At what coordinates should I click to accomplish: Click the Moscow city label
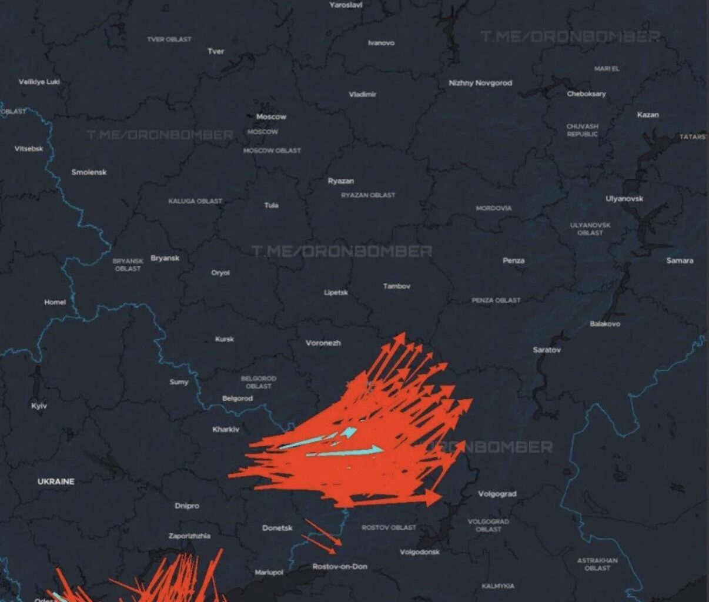click(x=271, y=116)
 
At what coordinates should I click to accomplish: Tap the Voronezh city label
click(x=323, y=343)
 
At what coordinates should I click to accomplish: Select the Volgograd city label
click(x=497, y=494)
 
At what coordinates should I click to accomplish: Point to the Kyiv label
click(x=39, y=406)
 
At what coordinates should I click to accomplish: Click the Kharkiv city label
click(x=226, y=429)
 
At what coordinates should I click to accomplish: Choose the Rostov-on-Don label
click(x=340, y=567)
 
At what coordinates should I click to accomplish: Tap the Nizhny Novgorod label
click(x=480, y=83)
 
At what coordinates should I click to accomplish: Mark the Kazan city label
click(x=648, y=115)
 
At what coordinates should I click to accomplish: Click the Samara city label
click(x=680, y=260)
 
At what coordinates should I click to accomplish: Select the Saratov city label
click(x=547, y=350)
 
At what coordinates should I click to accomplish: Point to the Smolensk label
click(x=89, y=172)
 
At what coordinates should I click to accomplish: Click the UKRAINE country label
click(x=56, y=481)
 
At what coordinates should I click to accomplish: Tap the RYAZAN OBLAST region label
click(x=368, y=195)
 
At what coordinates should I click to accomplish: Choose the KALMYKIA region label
click(x=497, y=586)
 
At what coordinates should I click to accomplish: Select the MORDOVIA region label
click(x=493, y=208)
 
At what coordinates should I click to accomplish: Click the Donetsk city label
click(x=277, y=528)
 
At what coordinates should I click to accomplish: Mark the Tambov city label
click(x=397, y=286)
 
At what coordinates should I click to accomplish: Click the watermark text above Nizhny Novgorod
click(x=570, y=37)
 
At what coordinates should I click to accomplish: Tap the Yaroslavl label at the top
click(x=346, y=5)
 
